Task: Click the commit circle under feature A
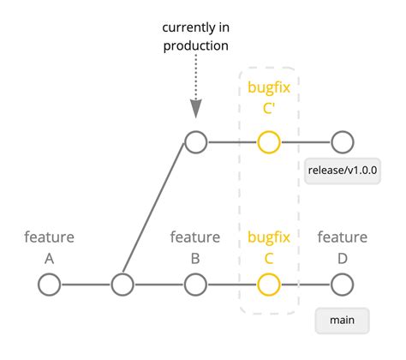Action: point(49,284)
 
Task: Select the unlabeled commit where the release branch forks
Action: point(122,284)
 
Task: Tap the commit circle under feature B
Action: point(195,284)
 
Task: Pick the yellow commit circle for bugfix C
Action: point(269,284)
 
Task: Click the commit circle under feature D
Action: point(343,284)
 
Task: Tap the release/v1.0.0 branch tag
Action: point(343,171)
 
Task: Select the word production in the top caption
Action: point(195,45)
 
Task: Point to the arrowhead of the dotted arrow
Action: point(195,108)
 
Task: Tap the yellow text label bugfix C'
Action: point(269,97)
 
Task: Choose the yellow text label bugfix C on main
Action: point(269,246)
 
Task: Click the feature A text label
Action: point(49,246)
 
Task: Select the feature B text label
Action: point(195,246)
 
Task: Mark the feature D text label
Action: point(343,246)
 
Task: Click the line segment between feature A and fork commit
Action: point(86,284)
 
